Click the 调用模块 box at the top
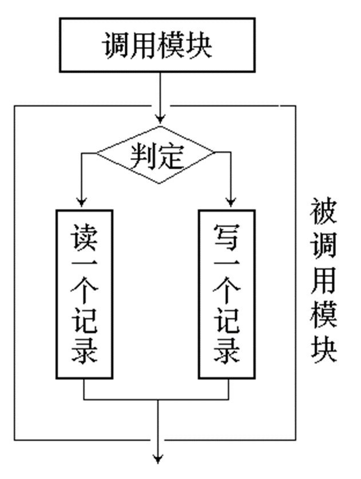tap(157, 45)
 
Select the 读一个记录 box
tap(85, 294)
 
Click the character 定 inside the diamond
tap(170, 155)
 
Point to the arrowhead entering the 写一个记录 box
tap(231, 203)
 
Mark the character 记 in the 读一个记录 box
tap(85, 323)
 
